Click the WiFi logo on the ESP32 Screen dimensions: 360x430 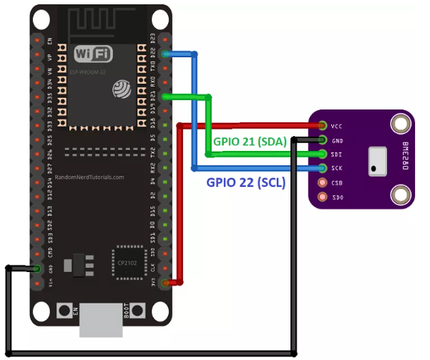(93, 53)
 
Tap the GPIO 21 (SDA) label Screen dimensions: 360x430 (250, 142)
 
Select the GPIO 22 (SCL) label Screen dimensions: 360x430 (245, 183)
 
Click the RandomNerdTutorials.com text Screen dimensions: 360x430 (89, 177)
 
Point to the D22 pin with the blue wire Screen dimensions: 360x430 (166, 54)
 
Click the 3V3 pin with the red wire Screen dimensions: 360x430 (166, 283)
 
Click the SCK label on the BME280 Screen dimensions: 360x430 (336, 168)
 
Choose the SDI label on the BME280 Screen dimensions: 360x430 (336, 154)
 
